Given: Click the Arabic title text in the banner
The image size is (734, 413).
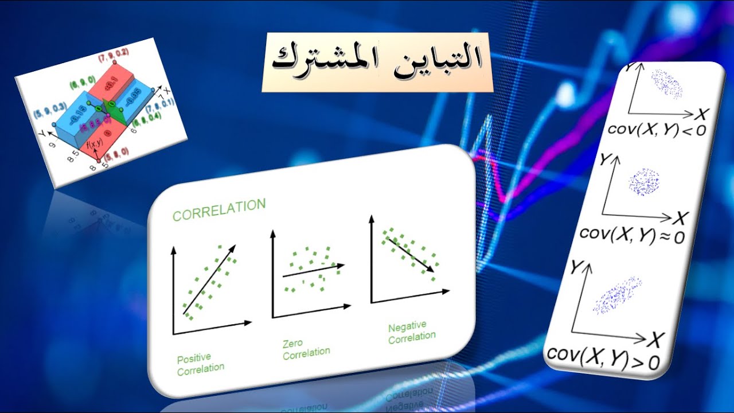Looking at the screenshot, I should point(377,62).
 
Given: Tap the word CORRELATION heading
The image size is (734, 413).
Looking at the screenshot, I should point(219,210).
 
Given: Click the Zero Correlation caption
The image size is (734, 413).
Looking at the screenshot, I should point(306,348).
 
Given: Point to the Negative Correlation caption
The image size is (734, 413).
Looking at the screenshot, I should point(412,333).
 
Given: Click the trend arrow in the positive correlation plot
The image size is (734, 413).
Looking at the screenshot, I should point(209,279).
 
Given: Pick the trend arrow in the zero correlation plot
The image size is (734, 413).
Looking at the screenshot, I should point(313,271).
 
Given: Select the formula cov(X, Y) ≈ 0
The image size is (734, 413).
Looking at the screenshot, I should point(632,235).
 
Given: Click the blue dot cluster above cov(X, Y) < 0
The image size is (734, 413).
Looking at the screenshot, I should point(665,84).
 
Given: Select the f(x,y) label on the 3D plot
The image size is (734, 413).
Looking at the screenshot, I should point(95,146).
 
